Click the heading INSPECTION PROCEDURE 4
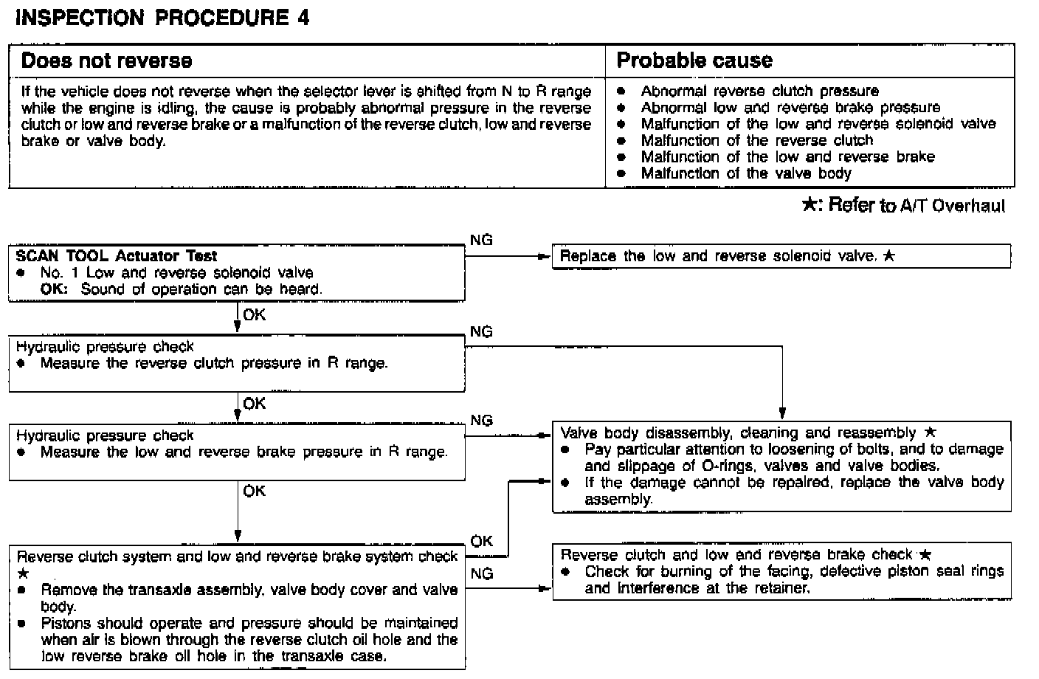(x=162, y=18)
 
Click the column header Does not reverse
(x=106, y=61)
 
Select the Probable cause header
(x=694, y=61)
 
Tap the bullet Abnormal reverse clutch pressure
(x=759, y=92)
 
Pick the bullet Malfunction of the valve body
(x=745, y=174)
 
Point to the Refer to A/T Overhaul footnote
(x=903, y=205)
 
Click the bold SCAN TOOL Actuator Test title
(x=117, y=256)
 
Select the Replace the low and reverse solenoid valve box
(x=781, y=257)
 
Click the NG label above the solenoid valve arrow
(x=481, y=240)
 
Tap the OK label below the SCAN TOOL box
(x=255, y=315)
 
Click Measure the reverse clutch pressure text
(x=214, y=363)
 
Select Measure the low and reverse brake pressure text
(x=244, y=452)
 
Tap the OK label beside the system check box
(x=481, y=541)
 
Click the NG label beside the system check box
(x=481, y=573)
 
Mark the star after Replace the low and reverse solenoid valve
(x=888, y=256)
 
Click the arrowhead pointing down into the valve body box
(x=782, y=413)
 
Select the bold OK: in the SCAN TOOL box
(x=54, y=289)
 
